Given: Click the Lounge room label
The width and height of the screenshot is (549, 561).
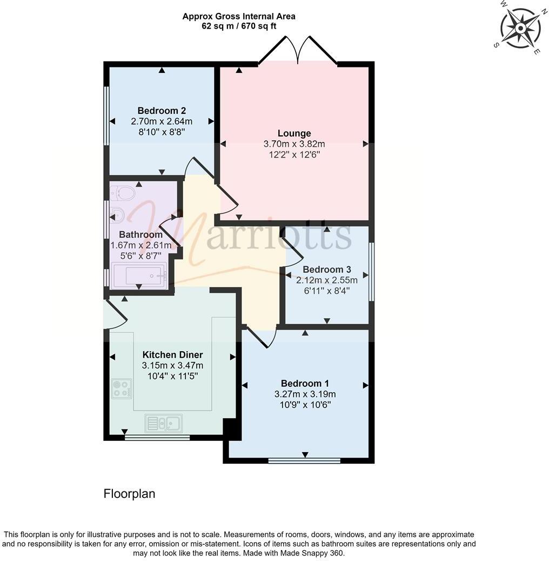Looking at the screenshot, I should click(x=294, y=133).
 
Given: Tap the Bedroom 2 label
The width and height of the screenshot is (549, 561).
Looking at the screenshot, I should click(x=162, y=111).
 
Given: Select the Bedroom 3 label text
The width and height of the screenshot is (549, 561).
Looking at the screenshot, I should click(x=327, y=269).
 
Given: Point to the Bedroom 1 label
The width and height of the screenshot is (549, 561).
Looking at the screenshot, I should click(x=305, y=384).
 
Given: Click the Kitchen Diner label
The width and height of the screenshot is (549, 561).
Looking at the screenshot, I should click(x=172, y=354).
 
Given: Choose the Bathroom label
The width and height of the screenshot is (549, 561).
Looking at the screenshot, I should click(x=140, y=235).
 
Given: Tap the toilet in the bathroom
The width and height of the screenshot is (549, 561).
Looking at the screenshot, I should click(x=122, y=193).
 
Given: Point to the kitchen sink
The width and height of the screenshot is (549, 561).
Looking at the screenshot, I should click(x=163, y=422).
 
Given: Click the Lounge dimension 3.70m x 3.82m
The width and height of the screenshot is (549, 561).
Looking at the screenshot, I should click(x=294, y=144).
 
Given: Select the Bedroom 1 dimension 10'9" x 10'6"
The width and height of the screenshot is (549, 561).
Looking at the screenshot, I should click(x=305, y=405).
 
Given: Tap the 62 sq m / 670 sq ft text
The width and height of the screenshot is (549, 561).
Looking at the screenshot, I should click(x=238, y=26).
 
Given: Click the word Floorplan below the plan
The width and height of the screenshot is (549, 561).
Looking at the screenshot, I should click(x=129, y=494).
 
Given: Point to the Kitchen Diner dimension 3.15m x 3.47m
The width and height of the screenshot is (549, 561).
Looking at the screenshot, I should click(x=172, y=365).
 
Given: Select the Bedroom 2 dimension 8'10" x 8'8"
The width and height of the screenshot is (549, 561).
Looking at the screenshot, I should click(x=162, y=131).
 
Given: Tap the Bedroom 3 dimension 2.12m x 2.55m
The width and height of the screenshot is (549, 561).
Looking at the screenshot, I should click(x=327, y=280).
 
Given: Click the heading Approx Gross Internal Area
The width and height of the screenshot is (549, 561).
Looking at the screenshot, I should click(x=238, y=16).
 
